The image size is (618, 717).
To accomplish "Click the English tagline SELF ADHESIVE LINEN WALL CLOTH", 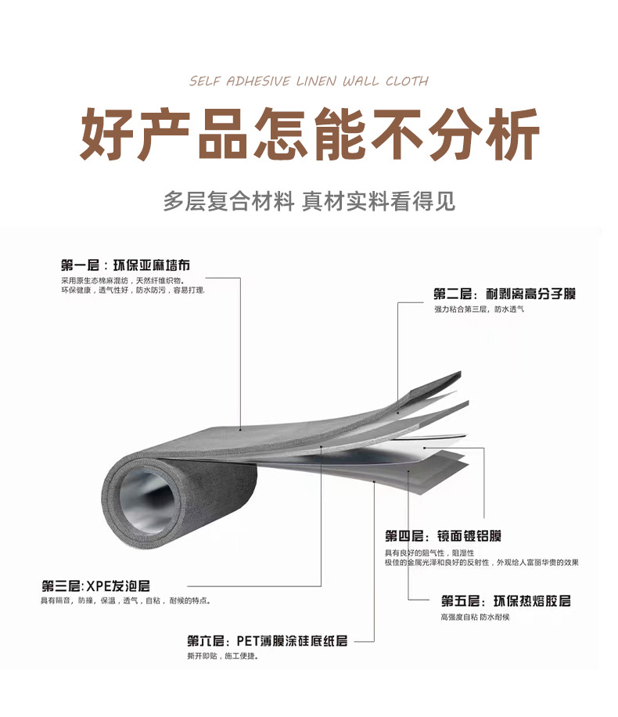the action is [309, 81].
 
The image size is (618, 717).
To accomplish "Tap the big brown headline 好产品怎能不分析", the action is [310, 135].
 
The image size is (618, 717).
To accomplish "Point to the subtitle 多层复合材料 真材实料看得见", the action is [309, 201].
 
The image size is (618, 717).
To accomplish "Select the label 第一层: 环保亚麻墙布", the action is [125, 265].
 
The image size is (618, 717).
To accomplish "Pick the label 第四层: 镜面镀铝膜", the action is [443, 536].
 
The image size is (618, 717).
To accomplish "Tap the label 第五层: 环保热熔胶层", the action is [505, 600].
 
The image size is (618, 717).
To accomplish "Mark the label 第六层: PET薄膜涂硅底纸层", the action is [267, 641].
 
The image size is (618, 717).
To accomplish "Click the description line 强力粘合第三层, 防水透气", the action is [479, 309].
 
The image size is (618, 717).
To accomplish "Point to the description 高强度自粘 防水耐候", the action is [474, 617].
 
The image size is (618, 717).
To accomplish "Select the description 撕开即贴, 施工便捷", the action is [222, 656].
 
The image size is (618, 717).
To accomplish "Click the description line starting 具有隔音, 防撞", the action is [125, 600].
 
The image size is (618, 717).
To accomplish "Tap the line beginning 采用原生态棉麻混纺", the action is [122, 279].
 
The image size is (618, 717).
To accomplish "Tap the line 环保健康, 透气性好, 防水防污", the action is [132, 290].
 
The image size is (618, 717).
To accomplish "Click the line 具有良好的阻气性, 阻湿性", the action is [423, 553].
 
